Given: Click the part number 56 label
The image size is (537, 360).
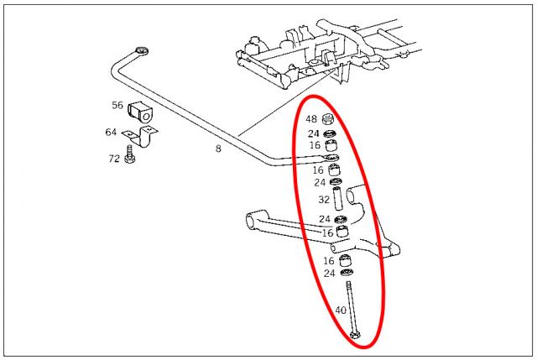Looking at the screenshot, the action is point(117,105).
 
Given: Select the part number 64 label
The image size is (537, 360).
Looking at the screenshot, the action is point(111,132).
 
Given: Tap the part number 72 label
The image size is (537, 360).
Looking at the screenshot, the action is point(114,159).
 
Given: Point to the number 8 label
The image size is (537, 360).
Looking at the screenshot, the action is point(218,149).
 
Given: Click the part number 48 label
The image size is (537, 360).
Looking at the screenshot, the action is point(311,119).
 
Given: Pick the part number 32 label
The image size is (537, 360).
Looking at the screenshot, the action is point(324,200).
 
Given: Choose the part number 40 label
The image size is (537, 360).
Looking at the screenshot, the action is point(341,310).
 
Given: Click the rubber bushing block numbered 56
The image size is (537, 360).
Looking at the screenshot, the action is point(141,112).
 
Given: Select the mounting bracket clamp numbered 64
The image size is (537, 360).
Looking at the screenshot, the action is point(141,135).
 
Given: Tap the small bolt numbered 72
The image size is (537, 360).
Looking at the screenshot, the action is point(130,154).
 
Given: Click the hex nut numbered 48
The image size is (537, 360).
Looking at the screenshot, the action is point(328,119).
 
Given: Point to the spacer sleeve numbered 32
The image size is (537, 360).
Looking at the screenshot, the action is point(338,199).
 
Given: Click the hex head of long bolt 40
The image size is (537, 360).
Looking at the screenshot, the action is point(355,335).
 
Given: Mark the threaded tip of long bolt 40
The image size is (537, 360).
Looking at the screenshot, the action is point(348,283).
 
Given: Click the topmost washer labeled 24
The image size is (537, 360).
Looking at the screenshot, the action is point(330,133).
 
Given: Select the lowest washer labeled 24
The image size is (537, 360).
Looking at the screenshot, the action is point(347,273).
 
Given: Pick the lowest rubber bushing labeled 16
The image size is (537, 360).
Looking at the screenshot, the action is point(346,260).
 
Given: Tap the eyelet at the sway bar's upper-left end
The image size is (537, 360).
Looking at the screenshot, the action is point(142,51).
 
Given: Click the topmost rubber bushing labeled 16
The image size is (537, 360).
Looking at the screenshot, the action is point(331,145).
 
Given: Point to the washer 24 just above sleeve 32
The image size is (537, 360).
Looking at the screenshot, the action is point(336,182).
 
